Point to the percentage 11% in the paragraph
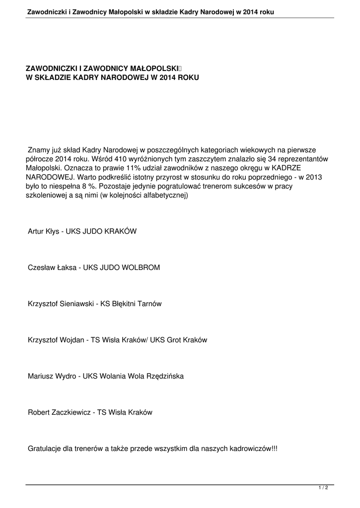[x=135, y=168]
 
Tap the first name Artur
[x=36, y=231]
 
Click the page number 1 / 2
[x=323, y=488]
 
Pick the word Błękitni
[x=123, y=304]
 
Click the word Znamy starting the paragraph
[x=39, y=149]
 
